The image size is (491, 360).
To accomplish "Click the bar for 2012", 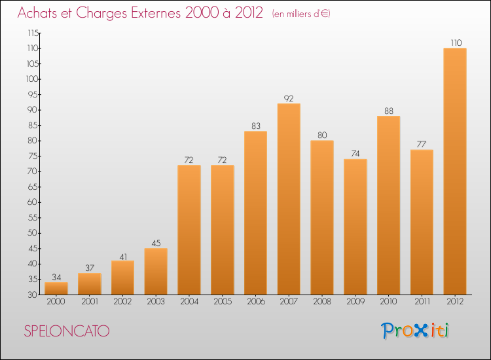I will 454,171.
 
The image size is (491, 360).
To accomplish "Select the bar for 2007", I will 289,199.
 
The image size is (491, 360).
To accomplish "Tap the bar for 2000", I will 56,289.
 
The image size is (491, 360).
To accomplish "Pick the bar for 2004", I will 189,230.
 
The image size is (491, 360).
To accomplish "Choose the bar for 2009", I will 355,226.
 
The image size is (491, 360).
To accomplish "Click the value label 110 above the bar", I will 455,43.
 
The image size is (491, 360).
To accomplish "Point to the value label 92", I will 289,98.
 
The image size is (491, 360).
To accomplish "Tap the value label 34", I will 56,277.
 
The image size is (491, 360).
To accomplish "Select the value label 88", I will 388,111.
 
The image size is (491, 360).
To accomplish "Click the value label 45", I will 156,243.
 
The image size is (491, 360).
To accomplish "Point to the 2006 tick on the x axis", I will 255,301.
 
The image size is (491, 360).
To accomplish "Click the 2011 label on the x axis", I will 422,301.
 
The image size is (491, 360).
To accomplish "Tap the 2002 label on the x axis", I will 122,301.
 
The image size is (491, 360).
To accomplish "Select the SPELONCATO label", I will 66,331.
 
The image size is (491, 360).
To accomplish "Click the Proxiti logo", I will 416,331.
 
